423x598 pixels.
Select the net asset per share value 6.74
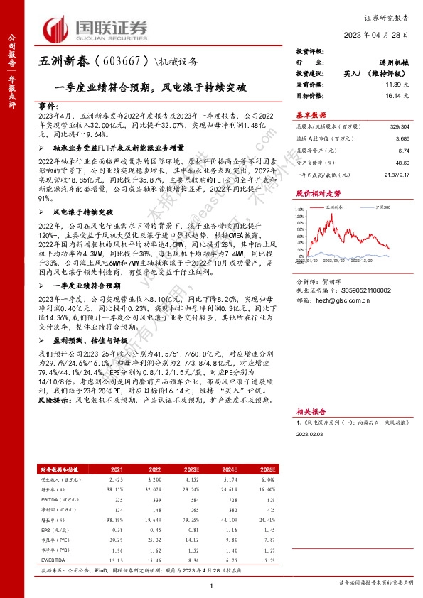click(x=402, y=151)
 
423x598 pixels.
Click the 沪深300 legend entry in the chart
click(x=367, y=206)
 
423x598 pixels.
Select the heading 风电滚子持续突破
click(x=85, y=212)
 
